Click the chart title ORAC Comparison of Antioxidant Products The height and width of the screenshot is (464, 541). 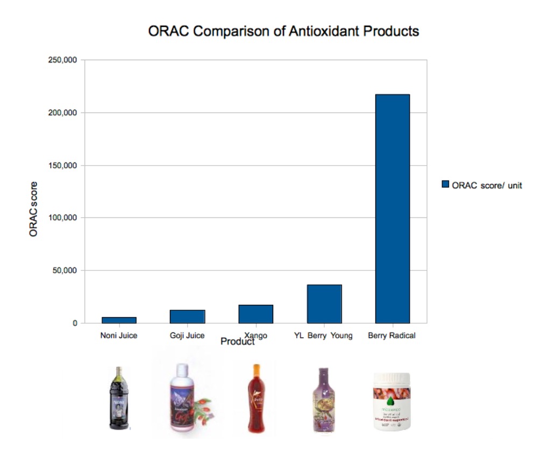pos(283,32)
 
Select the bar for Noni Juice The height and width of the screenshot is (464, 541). pos(119,320)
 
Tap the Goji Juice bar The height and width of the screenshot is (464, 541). pos(187,317)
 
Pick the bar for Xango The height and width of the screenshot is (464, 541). pos(255,314)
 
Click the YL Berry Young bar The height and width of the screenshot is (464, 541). pos(324,304)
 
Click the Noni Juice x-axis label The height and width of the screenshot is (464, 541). pos(119,336)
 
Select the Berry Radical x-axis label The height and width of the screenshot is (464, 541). pos(392,336)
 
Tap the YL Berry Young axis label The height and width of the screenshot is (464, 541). pos(324,336)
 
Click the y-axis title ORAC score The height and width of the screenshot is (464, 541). pos(33,210)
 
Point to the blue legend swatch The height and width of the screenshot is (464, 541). pos(445,184)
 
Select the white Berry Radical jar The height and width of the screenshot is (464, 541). pos(392,402)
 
